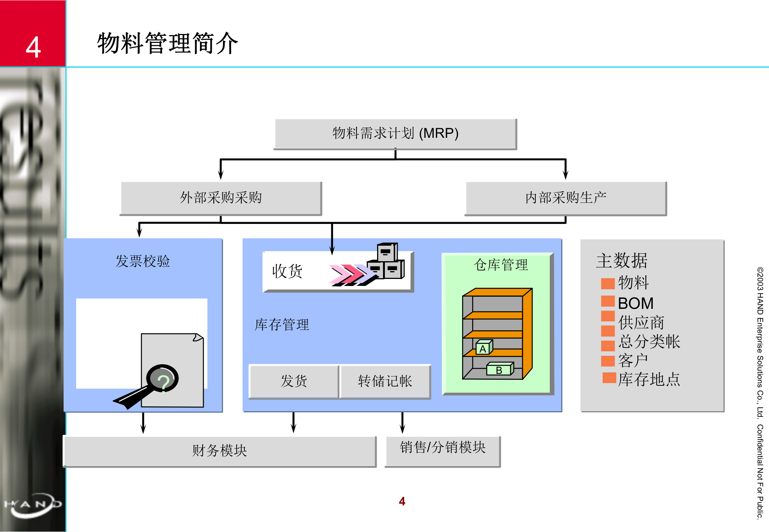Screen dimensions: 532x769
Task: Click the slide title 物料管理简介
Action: click(x=167, y=44)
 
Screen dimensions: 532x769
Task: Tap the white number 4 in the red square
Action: click(x=33, y=47)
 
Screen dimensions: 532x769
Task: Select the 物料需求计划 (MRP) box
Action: click(x=395, y=133)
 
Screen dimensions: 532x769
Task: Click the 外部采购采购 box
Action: click(x=221, y=198)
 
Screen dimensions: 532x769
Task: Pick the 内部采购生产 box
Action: click(x=566, y=198)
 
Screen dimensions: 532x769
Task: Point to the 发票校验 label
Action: click(x=143, y=261)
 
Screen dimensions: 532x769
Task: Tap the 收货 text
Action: click(x=287, y=271)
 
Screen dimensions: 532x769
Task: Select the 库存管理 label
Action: click(x=282, y=325)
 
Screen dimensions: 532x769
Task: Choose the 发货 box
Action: click(x=294, y=381)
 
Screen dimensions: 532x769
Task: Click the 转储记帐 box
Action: click(x=385, y=381)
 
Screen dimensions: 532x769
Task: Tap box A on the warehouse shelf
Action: click(x=483, y=348)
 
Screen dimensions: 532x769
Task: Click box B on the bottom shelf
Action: click(x=499, y=369)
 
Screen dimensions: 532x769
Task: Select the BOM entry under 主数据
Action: click(x=636, y=303)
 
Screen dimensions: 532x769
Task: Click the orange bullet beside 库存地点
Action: click(x=609, y=378)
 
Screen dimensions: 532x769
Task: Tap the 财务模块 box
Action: click(x=220, y=451)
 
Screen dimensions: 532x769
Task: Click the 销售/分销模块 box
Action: click(x=443, y=447)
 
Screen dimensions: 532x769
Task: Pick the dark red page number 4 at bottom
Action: click(x=402, y=501)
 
